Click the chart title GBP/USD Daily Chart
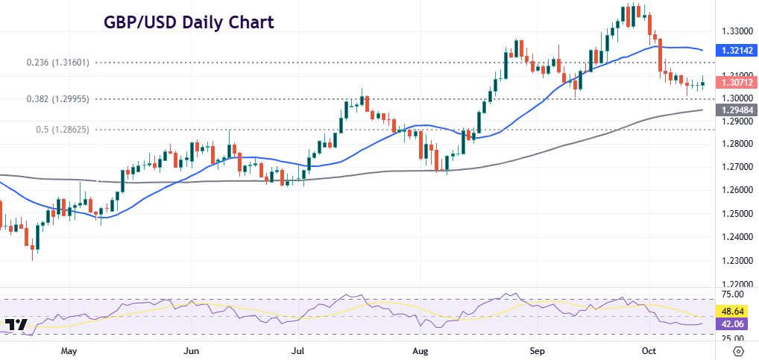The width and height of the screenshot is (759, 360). pos(188,22)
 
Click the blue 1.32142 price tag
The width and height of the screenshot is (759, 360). pos(737,51)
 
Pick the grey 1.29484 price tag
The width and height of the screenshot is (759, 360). pos(737,110)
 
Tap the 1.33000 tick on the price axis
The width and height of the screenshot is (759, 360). pos(736,31)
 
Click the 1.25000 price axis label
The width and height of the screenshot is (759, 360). pos(736,213)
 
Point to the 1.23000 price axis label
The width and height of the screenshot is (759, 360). pos(736,261)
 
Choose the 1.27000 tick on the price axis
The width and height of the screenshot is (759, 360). pos(736,166)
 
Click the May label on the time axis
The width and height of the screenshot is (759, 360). pos(69,350)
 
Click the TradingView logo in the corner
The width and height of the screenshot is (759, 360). pos(16,325)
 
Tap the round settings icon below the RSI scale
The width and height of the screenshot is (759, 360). pos(737,350)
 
